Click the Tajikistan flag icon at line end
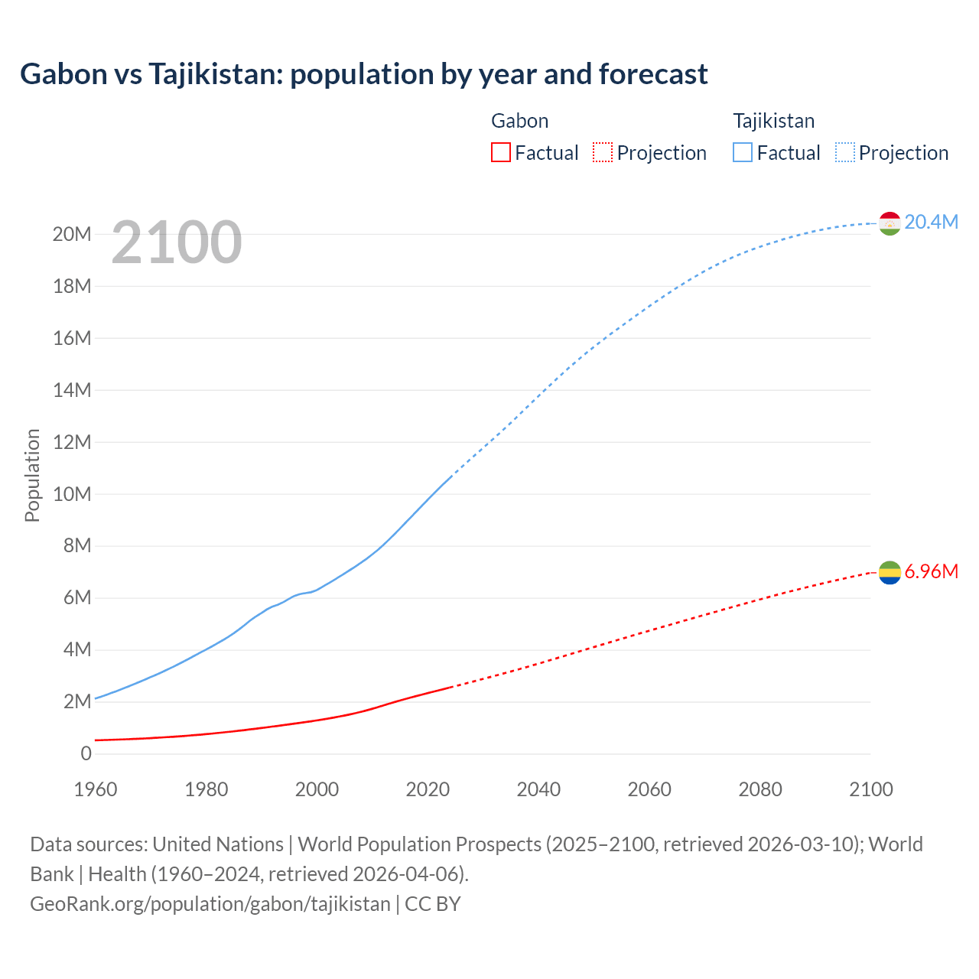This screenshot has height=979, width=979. click(890, 223)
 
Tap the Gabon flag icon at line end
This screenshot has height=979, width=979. click(890, 572)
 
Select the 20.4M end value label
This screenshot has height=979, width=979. click(931, 223)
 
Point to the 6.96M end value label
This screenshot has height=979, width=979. click(931, 572)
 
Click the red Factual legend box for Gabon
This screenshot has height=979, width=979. click(500, 153)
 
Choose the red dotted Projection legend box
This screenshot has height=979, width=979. click(603, 153)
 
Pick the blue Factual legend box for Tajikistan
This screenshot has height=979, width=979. click(743, 153)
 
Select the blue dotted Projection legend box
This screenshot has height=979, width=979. click(845, 153)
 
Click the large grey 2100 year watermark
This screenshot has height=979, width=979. click(177, 242)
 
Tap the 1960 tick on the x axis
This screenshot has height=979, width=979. click(96, 789)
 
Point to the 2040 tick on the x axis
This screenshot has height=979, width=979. click(538, 789)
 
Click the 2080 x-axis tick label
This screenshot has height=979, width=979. click(760, 789)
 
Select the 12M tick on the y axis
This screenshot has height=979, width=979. click(72, 442)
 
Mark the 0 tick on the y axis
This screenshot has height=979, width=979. click(86, 753)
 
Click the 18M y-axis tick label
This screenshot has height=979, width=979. click(72, 286)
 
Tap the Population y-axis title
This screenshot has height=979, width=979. click(32, 475)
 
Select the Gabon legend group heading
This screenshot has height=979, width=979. click(519, 121)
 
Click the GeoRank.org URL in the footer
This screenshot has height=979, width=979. click(210, 904)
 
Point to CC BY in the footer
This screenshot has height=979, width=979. click(433, 904)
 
